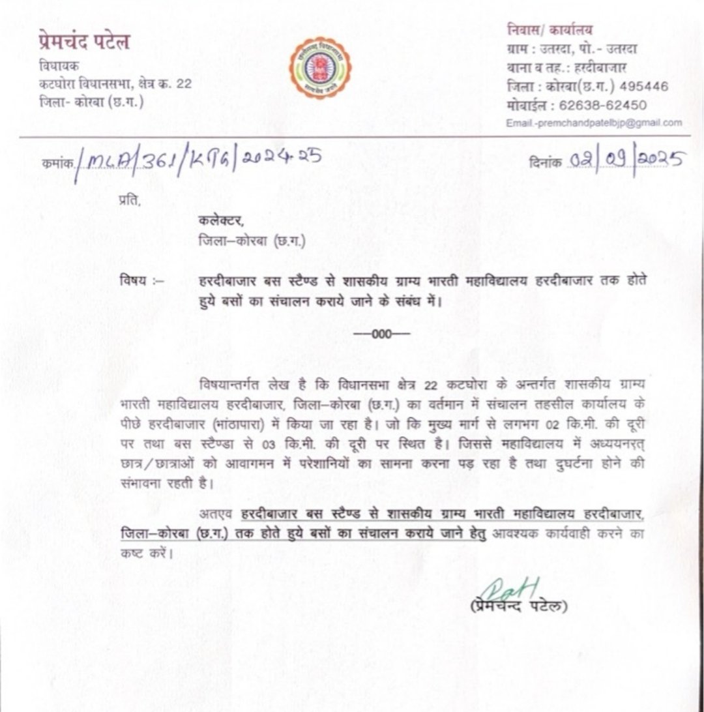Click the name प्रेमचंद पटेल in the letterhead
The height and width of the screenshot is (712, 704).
83,43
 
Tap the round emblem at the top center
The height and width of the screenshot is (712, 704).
320,68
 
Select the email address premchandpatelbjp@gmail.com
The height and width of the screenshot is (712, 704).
594,123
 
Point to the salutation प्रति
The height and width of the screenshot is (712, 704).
129,200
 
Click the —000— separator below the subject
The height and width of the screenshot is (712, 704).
381,334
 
